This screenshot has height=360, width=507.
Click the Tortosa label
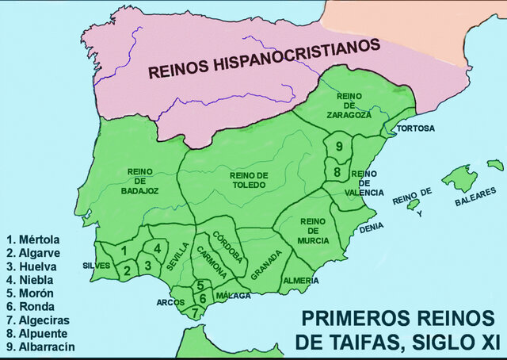pos(415,128)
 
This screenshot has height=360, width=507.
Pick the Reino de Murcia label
pos(314,231)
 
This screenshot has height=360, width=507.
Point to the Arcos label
pos(170,302)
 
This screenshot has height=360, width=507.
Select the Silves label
pos(96,266)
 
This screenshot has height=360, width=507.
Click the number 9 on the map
pos(338,146)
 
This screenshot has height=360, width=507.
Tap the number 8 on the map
pos(337,171)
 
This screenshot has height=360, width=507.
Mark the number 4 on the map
pos(157,248)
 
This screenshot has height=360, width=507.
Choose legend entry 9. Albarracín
pos(40,347)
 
